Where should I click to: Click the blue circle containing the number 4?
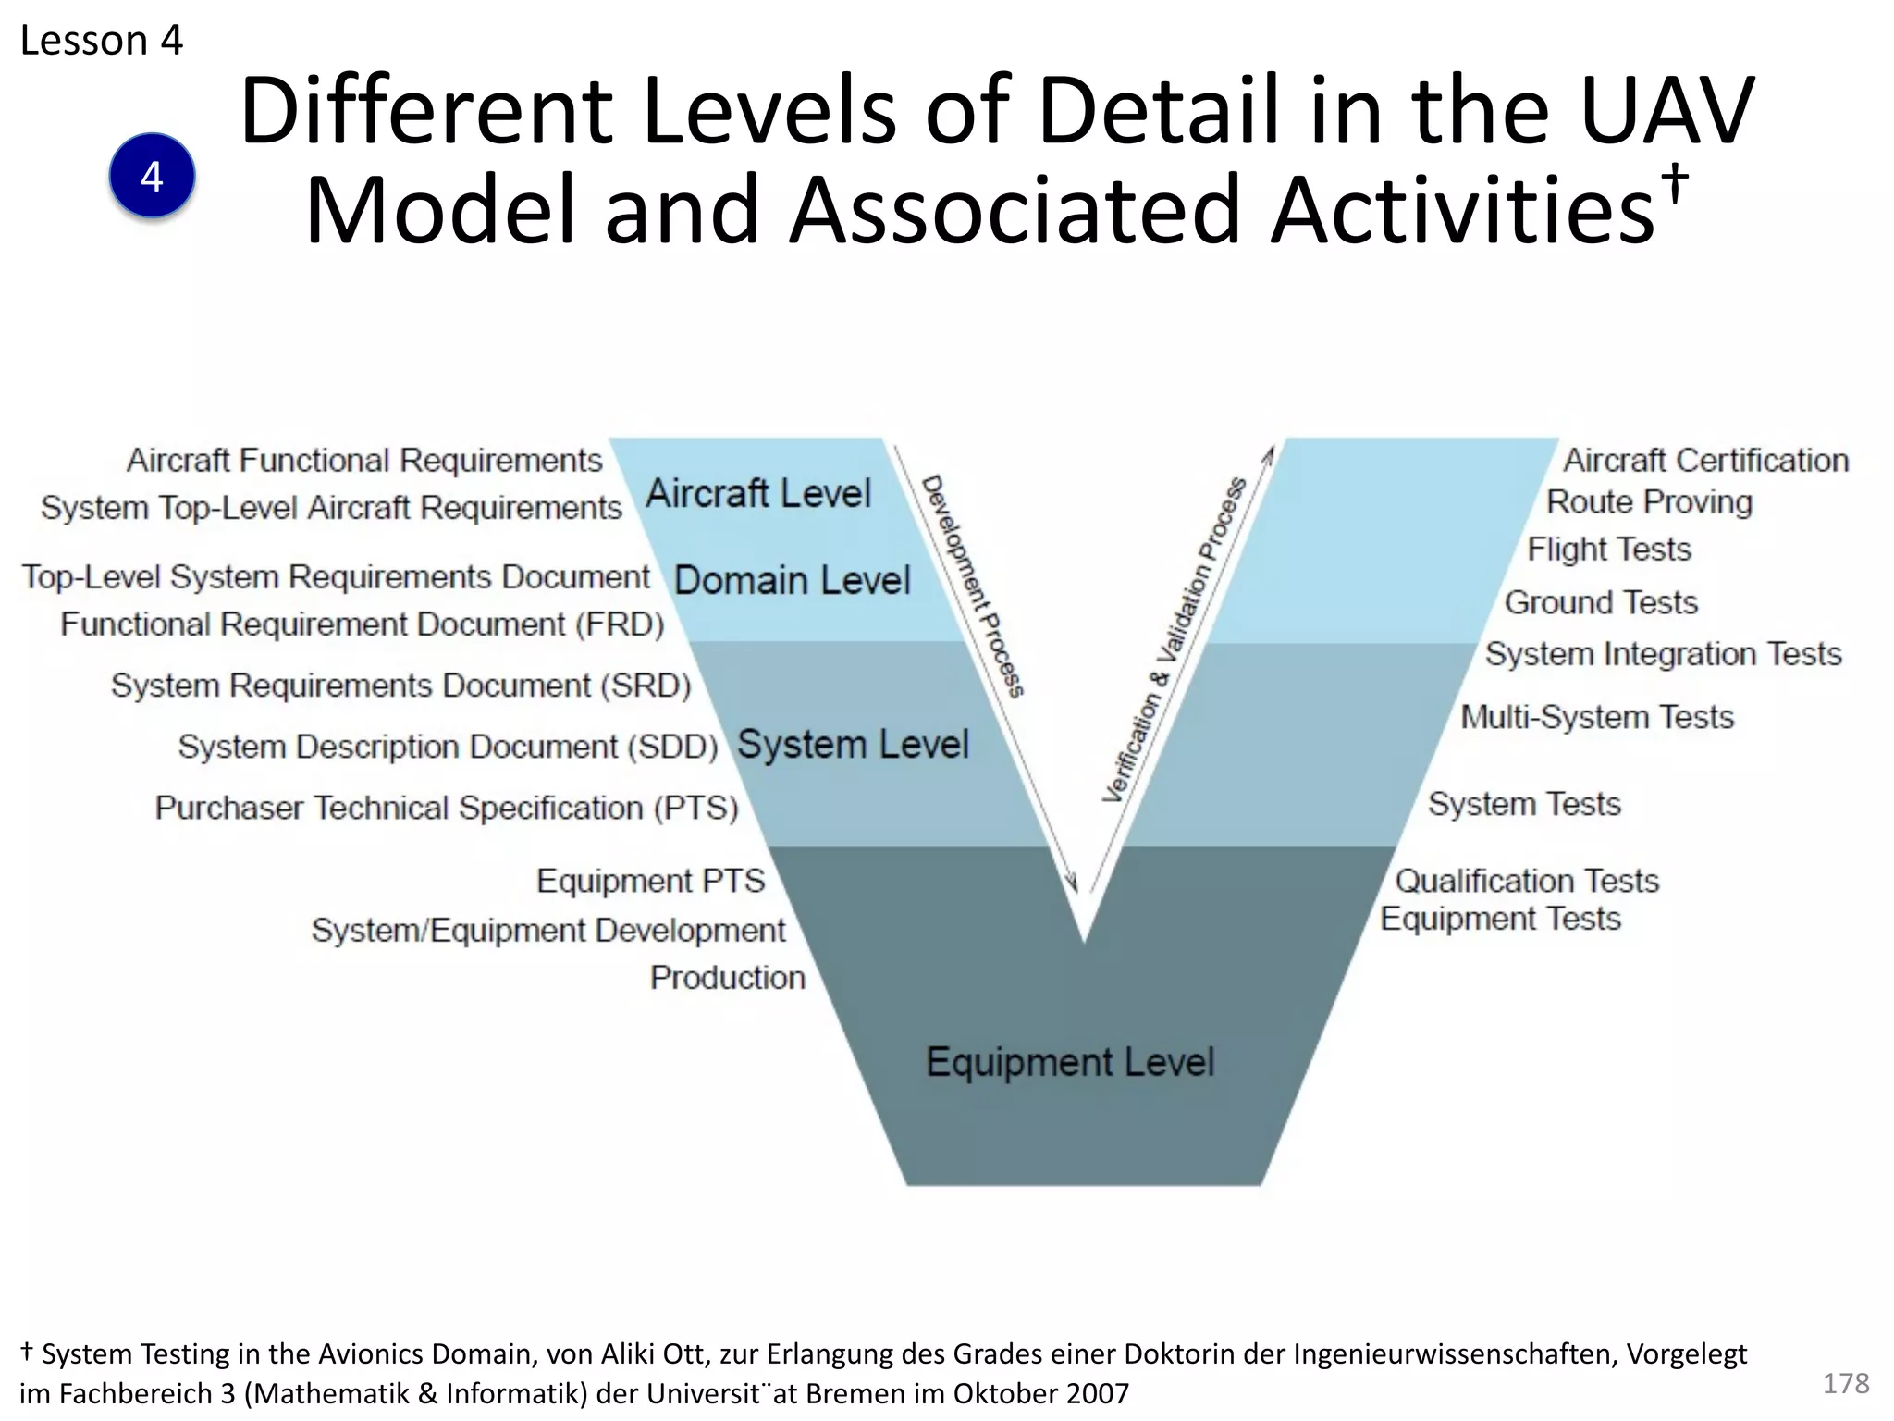coord(152,176)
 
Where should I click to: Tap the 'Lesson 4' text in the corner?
coord(102,41)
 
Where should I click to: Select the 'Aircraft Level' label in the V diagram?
coord(758,493)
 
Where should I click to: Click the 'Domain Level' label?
coord(793,580)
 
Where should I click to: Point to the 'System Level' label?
coord(853,745)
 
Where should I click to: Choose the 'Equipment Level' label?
coord(1070,1062)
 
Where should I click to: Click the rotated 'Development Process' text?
coord(973,587)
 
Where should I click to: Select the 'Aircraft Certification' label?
coord(1705,460)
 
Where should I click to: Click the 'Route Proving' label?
coord(1649,502)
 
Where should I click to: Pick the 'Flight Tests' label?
coord(1608,550)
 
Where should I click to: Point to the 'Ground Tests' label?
coord(1601,603)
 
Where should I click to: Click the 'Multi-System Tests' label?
coord(1597,717)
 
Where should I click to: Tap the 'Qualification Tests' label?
coord(1527,881)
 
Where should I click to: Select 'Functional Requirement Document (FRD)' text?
coord(363,624)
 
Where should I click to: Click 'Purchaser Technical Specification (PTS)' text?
coord(447,808)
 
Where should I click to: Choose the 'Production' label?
coord(727,978)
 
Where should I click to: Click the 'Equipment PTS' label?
coord(650,881)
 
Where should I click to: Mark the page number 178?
coord(1845,1383)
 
